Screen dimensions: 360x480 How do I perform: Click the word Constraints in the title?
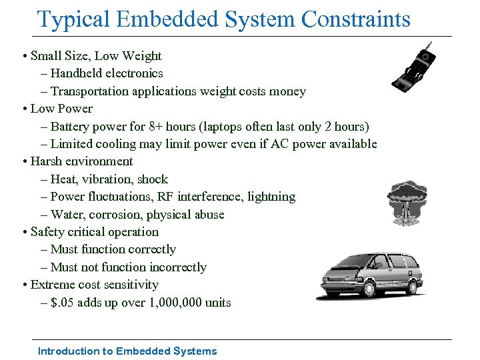[x=356, y=19]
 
